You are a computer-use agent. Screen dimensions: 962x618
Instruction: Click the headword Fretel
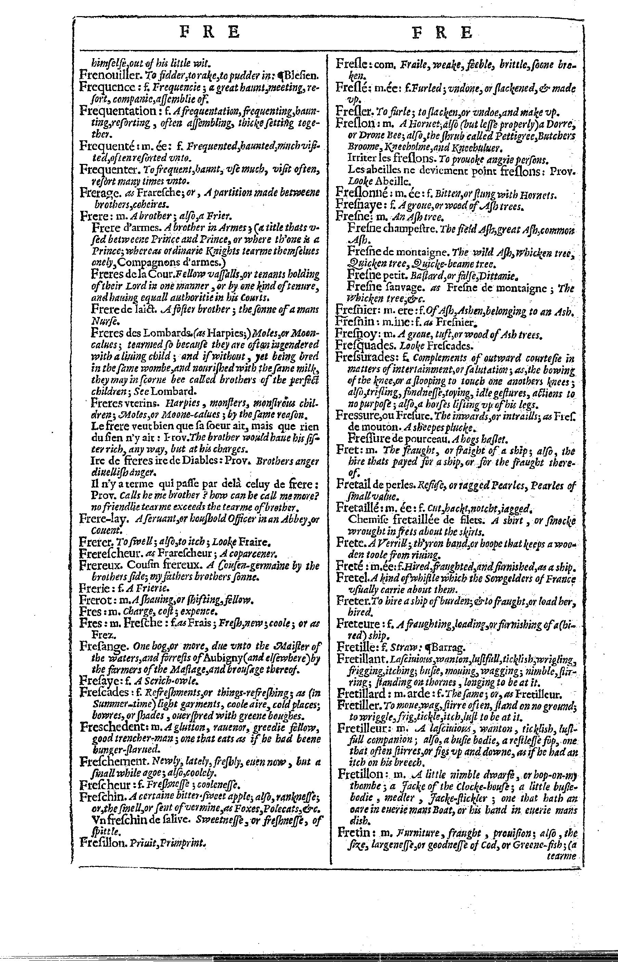point(352,578)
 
